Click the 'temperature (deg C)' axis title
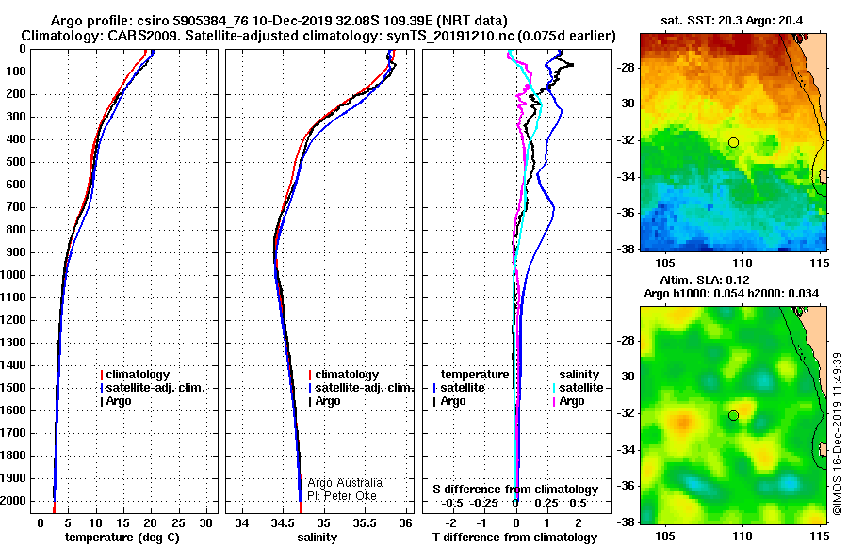pyautogui.click(x=122, y=538)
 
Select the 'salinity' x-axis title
pyautogui.click(x=318, y=538)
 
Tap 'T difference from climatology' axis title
pyautogui.click(x=514, y=538)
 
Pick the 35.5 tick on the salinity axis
pyautogui.click(x=365, y=523)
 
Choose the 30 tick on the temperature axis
pyautogui.click(x=205, y=523)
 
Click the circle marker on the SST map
pyautogui.click(x=733, y=143)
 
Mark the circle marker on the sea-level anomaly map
pyautogui.click(x=733, y=416)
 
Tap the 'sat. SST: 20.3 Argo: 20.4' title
pyautogui.click(x=732, y=21)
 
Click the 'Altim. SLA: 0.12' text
pyautogui.click(x=705, y=280)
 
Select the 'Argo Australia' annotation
pyautogui.click(x=345, y=483)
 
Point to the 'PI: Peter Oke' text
pyautogui.click(x=342, y=496)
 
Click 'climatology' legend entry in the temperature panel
pyautogui.click(x=138, y=375)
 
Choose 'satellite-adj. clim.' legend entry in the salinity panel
pyautogui.click(x=364, y=388)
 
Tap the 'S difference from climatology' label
pyautogui.click(x=515, y=490)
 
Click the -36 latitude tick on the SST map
pyautogui.click(x=627, y=213)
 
